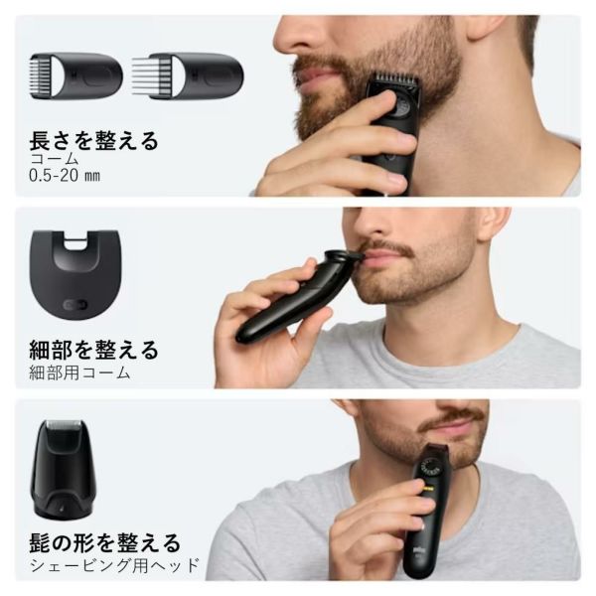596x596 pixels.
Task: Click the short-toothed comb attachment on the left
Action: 76,76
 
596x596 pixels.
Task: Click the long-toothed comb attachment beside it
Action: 188,76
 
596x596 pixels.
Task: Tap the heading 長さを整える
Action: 93,141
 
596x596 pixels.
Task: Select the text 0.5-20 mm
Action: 65,176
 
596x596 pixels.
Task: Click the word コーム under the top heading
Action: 54,159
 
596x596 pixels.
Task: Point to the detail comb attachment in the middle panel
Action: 75,274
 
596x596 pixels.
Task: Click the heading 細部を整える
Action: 93,350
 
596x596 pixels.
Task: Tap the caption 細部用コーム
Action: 79,372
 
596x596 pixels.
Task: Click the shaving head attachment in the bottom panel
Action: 64,469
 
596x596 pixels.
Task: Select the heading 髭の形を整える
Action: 105,542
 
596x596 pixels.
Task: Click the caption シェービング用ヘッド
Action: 114,565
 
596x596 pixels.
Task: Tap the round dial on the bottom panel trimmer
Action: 430,468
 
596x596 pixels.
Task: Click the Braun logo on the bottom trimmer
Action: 418,550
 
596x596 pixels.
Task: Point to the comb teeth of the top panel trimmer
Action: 395,79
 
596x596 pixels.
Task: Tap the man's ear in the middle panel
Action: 494,225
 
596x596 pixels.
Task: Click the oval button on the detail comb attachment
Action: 75,305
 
